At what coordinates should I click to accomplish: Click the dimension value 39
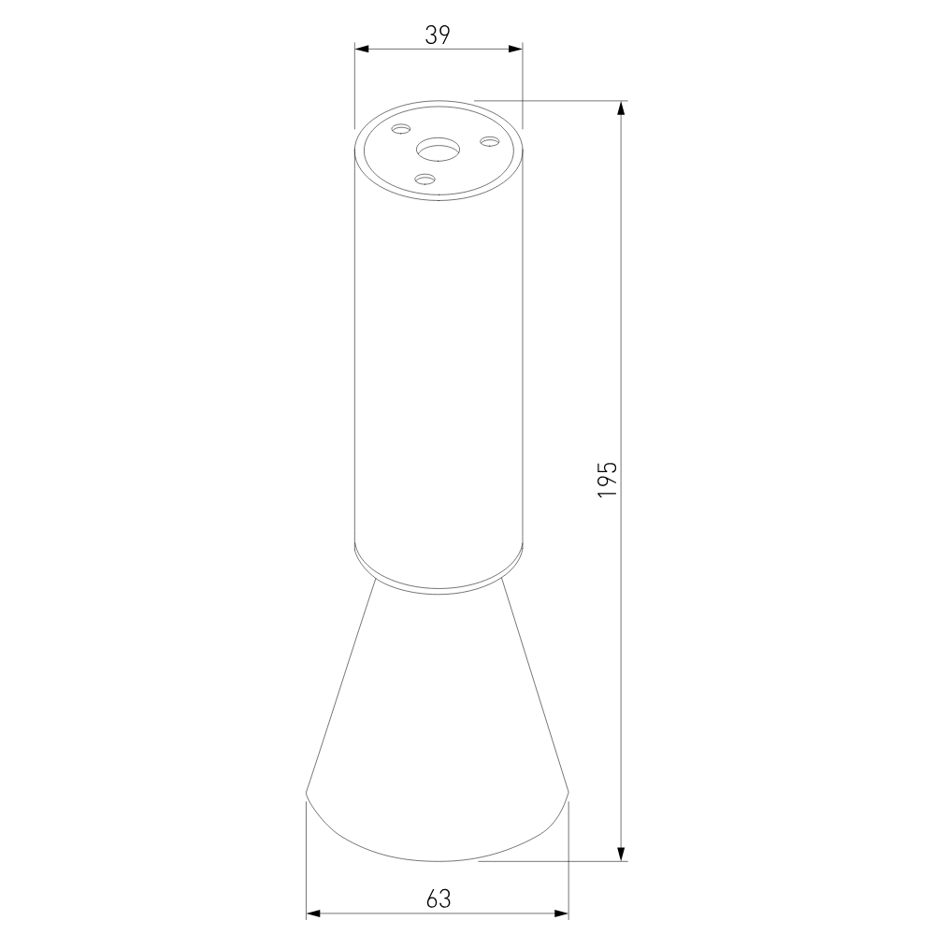click(438, 36)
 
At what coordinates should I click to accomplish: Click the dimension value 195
click(607, 478)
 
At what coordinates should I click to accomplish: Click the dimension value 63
click(438, 899)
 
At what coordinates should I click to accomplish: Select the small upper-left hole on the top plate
click(401, 129)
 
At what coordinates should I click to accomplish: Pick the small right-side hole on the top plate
click(488, 141)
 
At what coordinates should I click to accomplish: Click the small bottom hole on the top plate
click(425, 178)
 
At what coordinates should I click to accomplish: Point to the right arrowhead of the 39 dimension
click(515, 49)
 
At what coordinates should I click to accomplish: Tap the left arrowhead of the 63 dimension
click(314, 913)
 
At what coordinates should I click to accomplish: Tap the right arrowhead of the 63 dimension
click(562, 913)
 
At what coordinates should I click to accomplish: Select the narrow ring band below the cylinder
click(438, 572)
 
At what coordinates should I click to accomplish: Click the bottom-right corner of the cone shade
click(568, 795)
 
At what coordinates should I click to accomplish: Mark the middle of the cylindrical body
click(438, 374)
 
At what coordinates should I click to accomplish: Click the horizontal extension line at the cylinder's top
click(552, 99)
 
